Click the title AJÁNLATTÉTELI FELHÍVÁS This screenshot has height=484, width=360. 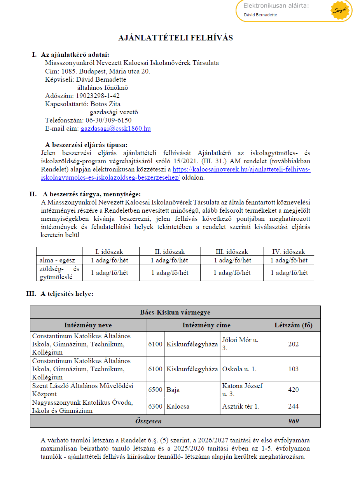click(176, 38)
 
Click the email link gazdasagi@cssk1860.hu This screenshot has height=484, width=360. click(115, 129)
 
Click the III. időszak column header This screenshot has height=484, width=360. click(232, 252)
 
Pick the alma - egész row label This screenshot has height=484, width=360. click(58, 260)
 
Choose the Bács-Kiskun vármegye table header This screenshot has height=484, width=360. click(175, 313)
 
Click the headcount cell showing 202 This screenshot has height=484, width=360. click(294, 344)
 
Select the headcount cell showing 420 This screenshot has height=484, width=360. click(294, 390)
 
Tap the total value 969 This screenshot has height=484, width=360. click(294, 421)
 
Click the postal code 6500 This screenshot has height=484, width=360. click(156, 390)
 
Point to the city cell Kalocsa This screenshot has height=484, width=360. click(178, 406)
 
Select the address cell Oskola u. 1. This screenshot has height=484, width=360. click(239, 369)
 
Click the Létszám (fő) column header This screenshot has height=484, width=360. click(294, 325)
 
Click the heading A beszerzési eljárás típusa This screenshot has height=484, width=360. click(86, 145)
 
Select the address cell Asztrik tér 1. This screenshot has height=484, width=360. click(241, 406)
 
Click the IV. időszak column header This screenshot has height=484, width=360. click(288, 252)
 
